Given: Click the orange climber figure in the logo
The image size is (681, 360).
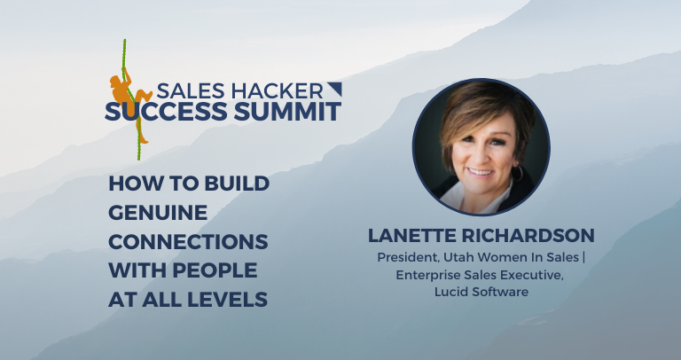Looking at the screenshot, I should [123, 90].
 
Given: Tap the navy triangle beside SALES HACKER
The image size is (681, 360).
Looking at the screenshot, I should [333, 88].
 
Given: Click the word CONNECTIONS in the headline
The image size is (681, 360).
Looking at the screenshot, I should [188, 242].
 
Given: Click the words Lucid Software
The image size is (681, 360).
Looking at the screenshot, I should [481, 292].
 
